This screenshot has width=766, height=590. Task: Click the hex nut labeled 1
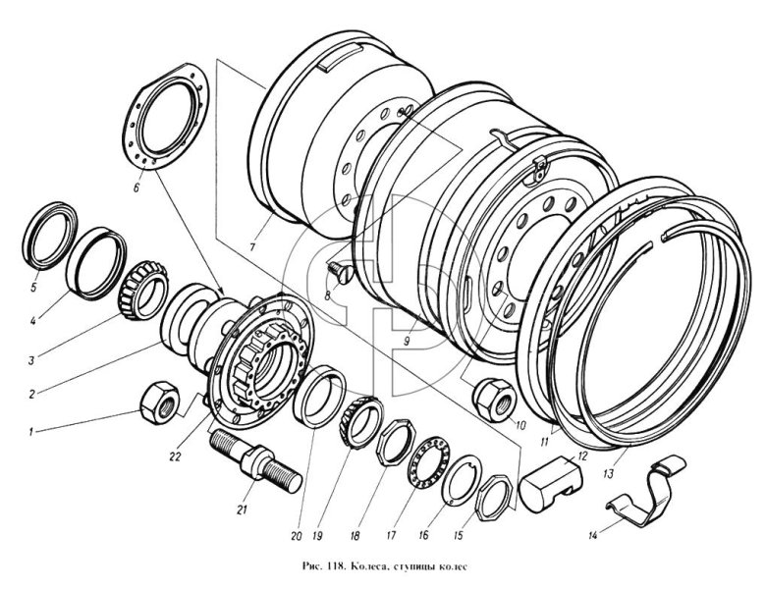point(159,398)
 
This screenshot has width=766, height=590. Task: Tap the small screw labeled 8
point(339,268)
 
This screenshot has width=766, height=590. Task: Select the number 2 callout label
point(31,393)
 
